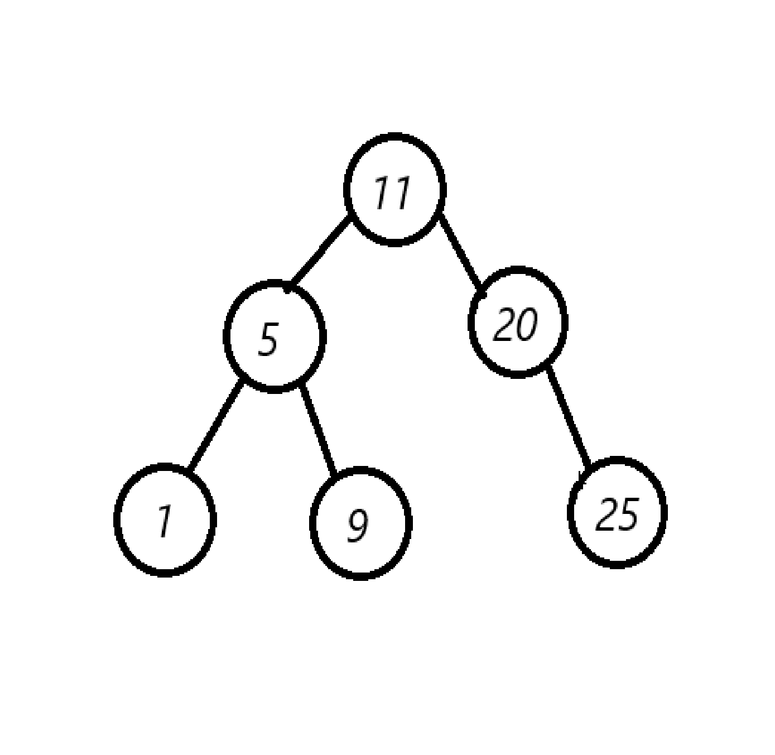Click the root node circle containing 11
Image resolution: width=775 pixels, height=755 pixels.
(394, 189)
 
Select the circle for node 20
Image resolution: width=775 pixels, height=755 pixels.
(518, 322)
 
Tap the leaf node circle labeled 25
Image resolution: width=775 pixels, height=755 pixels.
(617, 512)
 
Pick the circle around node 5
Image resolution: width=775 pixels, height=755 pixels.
(274, 336)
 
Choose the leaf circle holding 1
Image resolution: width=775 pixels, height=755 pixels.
(165, 519)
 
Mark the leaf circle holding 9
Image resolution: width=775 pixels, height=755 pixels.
(360, 523)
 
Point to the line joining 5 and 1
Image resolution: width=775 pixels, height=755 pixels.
(215, 427)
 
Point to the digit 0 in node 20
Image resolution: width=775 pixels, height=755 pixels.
(526, 324)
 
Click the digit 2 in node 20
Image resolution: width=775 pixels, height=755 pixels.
(505, 324)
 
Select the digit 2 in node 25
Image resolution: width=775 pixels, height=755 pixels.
(606, 514)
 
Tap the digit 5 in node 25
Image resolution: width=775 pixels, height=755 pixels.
(627, 514)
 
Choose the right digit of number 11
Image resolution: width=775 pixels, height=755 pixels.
(401, 193)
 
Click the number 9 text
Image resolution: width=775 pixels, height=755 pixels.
(358, 525)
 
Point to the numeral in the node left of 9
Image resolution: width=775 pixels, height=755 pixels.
(163, 522)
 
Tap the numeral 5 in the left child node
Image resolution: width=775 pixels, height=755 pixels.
(268, 339)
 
